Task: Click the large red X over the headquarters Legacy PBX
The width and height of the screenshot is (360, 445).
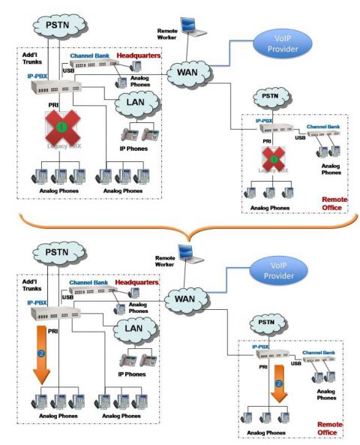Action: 62,129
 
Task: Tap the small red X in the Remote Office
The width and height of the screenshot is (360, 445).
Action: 278,160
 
